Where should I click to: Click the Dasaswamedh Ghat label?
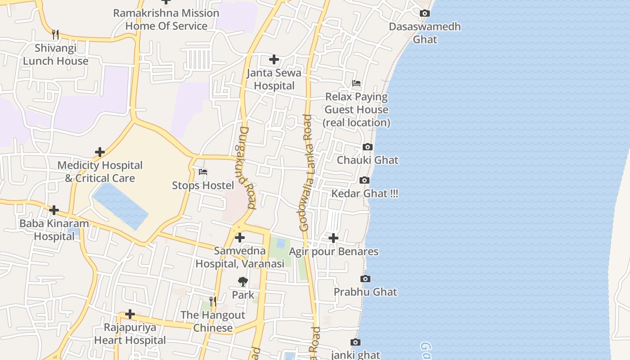coord(425,33)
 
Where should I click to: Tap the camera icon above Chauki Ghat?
coord(368,147)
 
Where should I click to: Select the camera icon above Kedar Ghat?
coord(364,180)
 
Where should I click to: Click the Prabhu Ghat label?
coord(365,292)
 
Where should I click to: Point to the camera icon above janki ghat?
coord(355,342)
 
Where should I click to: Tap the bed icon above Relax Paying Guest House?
coord(356,83)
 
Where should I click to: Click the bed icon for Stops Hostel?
coord(203,172)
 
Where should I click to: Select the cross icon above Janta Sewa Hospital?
coord(274,59)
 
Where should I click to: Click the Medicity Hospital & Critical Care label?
coord(100,172)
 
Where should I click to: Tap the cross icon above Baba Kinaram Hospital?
coord(54,210)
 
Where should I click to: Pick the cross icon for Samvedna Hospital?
coord(240,238)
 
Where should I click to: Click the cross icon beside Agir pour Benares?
coord(333,238)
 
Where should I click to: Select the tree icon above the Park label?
coord(243,282)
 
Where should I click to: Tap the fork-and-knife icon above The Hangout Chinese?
coord(213,301)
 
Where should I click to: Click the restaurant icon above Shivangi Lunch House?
coord(55,35)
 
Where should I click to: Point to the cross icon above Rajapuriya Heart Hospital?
coord(130,314)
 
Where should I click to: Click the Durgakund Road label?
coord(245,167)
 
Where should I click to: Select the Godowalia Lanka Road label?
coord(306,173)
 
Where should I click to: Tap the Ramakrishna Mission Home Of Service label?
coord(166,19)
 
